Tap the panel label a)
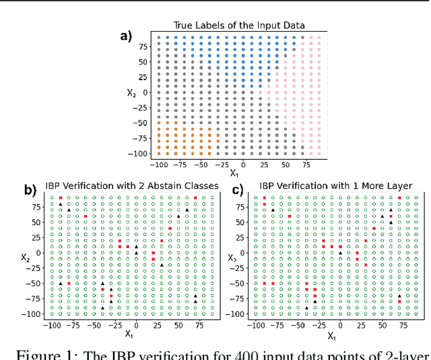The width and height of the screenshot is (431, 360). click(x=126, y=36)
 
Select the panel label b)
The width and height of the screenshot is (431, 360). click(x=30, y=190)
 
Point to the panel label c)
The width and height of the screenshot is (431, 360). click(x=236, y=190)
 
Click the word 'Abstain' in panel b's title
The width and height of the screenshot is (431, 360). click(x=157, y=185)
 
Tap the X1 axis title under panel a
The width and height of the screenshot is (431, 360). click(x=234, y=173)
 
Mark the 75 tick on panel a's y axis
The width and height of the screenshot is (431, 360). click(x=143, y=47)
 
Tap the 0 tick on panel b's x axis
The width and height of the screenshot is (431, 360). click(x=136, y=325)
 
